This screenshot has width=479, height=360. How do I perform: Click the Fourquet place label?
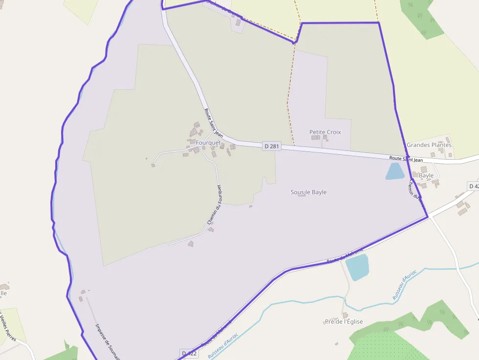(x=208, y=143)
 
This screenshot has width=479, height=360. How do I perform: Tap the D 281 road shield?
(x=272, y=146)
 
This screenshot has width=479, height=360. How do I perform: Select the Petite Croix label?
(x=325, y=132)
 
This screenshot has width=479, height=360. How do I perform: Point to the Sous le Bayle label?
(x=308, y=192)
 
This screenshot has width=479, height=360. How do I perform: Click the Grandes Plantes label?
(x=429, y=145)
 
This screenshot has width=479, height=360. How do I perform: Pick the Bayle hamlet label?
(x=426, y=175)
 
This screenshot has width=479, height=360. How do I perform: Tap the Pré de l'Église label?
(x=344, y=321)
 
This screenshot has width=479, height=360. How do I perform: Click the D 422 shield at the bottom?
(x=189, y=353)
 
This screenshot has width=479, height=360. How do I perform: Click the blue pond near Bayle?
(x=395, y=171)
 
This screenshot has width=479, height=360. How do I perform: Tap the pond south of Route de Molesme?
(x=357, y=267)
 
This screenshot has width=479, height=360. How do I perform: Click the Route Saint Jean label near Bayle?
(x=406, y=159)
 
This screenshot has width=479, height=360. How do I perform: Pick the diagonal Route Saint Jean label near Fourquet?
(x=214, y=123)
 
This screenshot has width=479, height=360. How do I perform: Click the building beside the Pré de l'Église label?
(x=345, y=315)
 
